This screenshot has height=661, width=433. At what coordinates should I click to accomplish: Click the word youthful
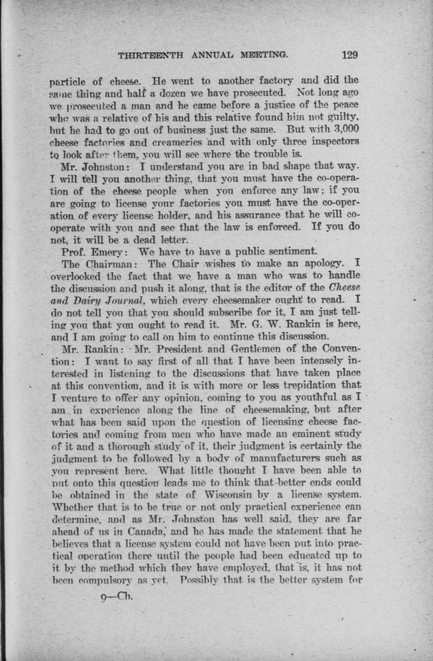[x=326, y=398]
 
